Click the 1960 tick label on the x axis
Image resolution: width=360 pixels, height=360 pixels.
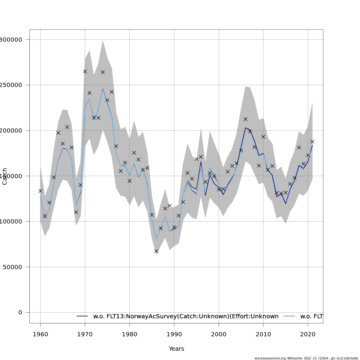click(x=40, y=334)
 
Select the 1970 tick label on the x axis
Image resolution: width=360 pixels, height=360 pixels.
click(x=85, y=334)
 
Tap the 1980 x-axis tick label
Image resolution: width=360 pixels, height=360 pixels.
click(x=129, y=334)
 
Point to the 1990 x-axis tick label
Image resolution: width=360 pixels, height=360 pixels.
click(x=174, y=334)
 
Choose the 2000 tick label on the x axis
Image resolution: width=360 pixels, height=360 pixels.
click(x=219, y=334)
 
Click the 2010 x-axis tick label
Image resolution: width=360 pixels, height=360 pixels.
click(x=263, y=334)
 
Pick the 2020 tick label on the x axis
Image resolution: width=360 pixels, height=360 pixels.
click(x=308, y=334)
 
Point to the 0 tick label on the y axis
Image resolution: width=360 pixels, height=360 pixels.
click(x=20, y=312)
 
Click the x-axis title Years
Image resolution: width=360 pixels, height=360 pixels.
click(x=176, y=349)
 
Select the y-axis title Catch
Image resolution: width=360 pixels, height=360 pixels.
click(x=5, y=176)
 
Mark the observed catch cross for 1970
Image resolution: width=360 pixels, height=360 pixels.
click(x=85, y=71)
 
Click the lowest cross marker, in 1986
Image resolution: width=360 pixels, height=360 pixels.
click(x=156, y=251)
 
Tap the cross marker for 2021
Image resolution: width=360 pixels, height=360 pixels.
click(x=312, y=142)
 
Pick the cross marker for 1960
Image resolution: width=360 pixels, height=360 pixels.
click(x=40, y=191)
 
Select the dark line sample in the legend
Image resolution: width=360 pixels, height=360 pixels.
click(x=82, y=316)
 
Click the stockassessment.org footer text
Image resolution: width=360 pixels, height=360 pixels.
click(x=306, y=358)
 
